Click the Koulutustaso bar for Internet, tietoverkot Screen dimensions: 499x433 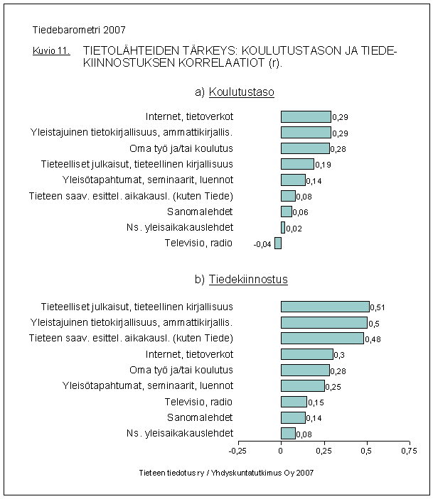306,116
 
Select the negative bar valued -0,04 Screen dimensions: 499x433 278,243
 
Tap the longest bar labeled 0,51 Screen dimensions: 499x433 325,307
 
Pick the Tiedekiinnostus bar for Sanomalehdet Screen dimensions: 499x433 293,417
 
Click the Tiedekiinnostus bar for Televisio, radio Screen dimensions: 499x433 294,402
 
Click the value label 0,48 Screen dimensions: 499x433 373,339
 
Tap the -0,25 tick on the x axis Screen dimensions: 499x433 237,450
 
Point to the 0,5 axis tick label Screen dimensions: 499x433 366,450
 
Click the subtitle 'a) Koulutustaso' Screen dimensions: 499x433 235,92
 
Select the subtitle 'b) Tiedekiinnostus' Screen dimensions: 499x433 241,280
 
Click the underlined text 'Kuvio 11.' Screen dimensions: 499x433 50,52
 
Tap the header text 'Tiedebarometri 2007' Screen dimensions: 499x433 79,31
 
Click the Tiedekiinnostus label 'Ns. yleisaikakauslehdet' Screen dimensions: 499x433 189,433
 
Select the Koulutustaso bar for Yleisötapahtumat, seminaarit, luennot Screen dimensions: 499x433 293,180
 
